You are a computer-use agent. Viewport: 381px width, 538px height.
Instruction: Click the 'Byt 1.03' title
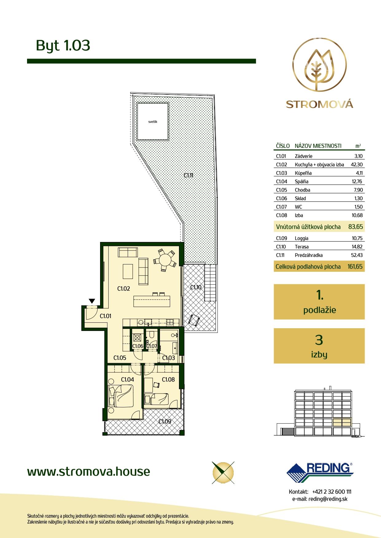[63, 45]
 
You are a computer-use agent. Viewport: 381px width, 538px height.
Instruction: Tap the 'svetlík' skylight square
[153, 121]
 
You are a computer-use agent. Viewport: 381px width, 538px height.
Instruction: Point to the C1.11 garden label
[189, 175]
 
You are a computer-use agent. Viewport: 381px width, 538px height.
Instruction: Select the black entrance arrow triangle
[92, 301]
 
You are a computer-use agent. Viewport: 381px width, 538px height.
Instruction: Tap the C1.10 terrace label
[196, 287]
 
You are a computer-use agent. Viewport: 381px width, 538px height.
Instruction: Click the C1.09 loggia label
[165, 421]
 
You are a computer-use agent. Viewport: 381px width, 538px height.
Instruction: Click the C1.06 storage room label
[138, 346]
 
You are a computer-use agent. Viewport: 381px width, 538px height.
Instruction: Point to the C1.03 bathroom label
[169, 358]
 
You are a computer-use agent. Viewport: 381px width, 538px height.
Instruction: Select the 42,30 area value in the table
[357, 164]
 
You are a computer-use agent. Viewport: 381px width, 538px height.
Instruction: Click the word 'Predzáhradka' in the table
[309, 255]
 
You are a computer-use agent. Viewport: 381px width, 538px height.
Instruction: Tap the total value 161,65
[355, 267]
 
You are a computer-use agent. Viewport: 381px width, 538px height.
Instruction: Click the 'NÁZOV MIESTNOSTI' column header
[318, 146]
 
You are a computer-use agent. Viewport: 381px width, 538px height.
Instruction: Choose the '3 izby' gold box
[319, 346]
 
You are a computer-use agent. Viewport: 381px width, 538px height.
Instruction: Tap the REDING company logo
[320, 473]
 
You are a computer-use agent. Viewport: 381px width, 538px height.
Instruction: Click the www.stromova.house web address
[89, 471]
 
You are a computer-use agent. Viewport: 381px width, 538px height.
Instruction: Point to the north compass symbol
[223, 472]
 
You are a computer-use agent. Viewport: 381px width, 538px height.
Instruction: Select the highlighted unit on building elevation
[342, 423]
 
